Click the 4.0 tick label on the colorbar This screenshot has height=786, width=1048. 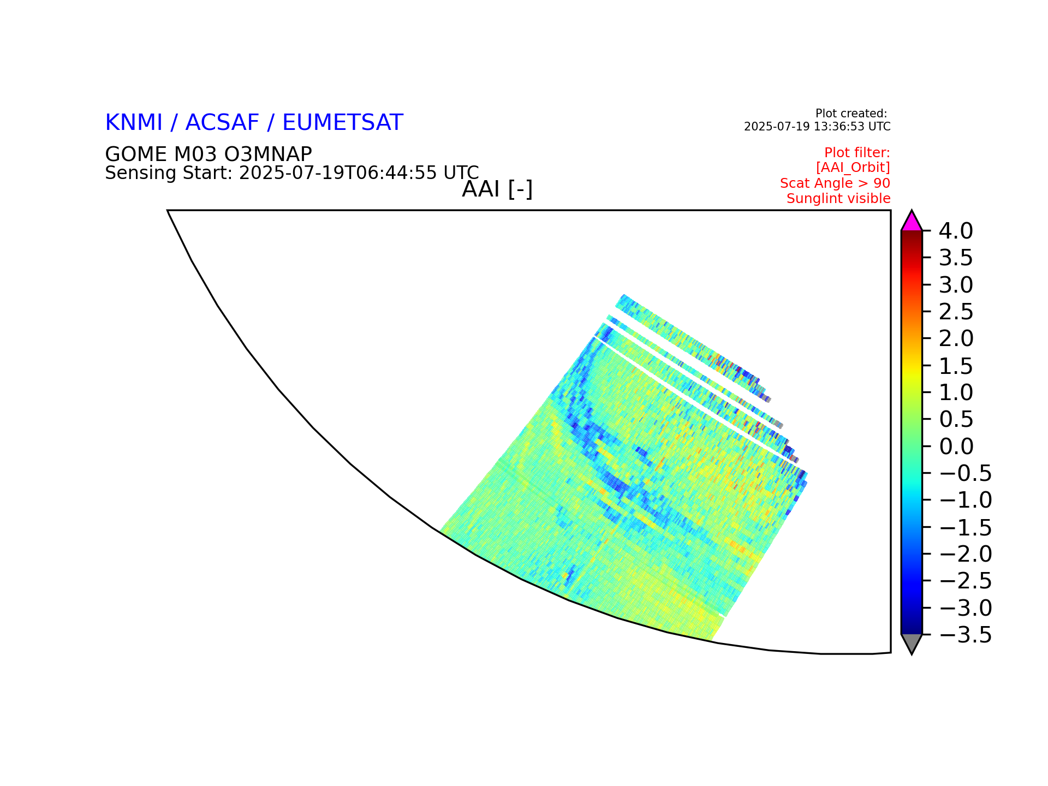point(955,231)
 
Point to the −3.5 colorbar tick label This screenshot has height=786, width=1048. point(965,635)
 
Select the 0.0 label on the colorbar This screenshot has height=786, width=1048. point(955,446)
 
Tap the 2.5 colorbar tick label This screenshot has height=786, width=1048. point(955,312)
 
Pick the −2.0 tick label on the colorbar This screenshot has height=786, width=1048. point(965,554)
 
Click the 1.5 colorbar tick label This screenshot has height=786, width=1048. point(955,366)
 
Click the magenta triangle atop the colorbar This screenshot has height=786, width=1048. point(912,222)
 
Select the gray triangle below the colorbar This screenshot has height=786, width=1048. point(912,643)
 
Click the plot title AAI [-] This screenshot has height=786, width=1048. point(497,190)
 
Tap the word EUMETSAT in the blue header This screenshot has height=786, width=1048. point(342,123)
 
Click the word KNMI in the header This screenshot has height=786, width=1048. point(134,123)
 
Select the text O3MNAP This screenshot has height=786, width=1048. point(268,154)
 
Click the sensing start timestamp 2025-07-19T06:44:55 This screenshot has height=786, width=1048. point(338,173)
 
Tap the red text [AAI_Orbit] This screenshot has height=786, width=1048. point(853,168)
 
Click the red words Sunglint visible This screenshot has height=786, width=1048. point(838,199)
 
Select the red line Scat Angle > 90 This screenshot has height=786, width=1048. point(835,183)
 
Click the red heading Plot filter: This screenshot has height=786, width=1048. point(857,152)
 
